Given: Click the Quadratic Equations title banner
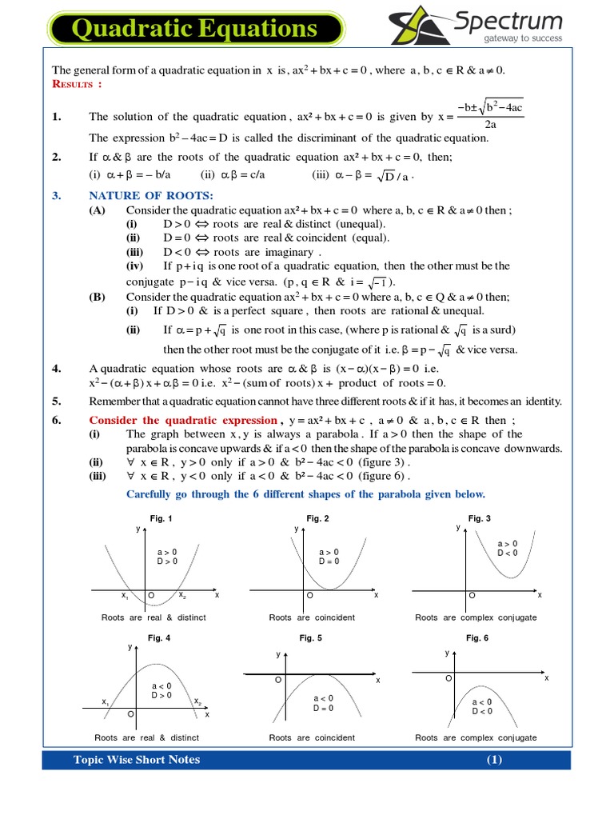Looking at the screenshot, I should [196, 30].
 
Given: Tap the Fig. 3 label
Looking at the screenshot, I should [480, 519].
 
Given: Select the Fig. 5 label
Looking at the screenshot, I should [311, 637].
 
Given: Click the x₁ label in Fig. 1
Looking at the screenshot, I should [126, 596].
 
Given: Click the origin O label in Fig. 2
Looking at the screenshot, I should [310, 596].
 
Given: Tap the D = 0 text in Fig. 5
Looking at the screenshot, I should [323, 708].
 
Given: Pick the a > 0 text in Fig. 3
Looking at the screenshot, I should [508, 543].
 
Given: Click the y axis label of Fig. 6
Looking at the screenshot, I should [447, 653].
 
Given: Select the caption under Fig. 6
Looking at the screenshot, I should [476, 737].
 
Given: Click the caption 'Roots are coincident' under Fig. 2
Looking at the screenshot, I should [312, 617].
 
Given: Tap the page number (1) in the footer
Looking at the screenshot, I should [493, 760].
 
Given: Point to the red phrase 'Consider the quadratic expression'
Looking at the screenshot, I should [182, 420].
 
